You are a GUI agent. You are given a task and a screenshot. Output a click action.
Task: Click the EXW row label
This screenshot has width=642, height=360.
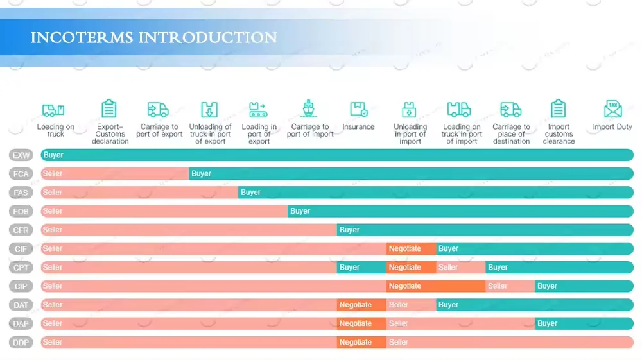pyautogui.click(x=21, y=155)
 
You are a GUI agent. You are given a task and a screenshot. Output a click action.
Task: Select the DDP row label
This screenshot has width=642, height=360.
pyautogui.click(x=21, y=343)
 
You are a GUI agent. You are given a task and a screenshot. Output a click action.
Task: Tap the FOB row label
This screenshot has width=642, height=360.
pyautogui.click(x=21, y=211)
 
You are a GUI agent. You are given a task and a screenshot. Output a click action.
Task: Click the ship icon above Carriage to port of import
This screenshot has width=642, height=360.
pyautogui.click(x=309, y=109)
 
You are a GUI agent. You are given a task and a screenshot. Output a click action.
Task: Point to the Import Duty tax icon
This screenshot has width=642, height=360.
pyautogui.click(x=612, y=109)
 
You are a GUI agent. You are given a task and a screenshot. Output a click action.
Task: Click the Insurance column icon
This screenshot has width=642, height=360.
pyautogui.click(x=358, y=109)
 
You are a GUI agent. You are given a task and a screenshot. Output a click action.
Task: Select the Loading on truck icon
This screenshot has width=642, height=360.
pyautogui.click(x=53, y=110)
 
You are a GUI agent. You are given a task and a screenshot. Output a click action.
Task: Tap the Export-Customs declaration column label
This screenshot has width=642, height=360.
pyautogui.click(x=110, y=134)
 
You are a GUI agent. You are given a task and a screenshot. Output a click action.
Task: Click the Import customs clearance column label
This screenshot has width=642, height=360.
pyautogui.click(x=559, y=134)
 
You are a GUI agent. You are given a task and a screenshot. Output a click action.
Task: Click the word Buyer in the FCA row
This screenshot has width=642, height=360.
pyautogui.click(x=201, y=174)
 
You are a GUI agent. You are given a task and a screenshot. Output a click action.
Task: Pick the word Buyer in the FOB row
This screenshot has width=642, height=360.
pyautogui.click(x=300, y=211)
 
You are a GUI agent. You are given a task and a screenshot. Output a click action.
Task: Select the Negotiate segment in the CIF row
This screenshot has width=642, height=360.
pyautogui.click(x=405, y=248)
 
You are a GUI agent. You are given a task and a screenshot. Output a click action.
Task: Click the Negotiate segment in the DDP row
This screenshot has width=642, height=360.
pyautogui.click(x=356, y=343)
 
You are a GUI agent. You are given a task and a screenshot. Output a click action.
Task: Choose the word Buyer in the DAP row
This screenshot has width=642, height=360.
pyautogui.click(x=547, y=323)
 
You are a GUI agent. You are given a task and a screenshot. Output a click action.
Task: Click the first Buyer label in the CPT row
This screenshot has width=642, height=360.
pyautogui.click(x=349, y=268)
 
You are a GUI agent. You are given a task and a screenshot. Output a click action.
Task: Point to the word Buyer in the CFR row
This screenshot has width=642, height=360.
pyautogui.click(x=349, y=230)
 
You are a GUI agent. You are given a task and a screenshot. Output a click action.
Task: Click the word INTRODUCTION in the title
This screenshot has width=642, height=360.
pyautogui.click(x=208, y=38)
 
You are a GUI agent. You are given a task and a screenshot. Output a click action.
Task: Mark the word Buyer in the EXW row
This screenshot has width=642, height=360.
pyautogui.click(x=53, y=155)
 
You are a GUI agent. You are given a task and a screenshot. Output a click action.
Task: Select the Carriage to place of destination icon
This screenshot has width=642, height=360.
pyautogui.click(x=511, y=109)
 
